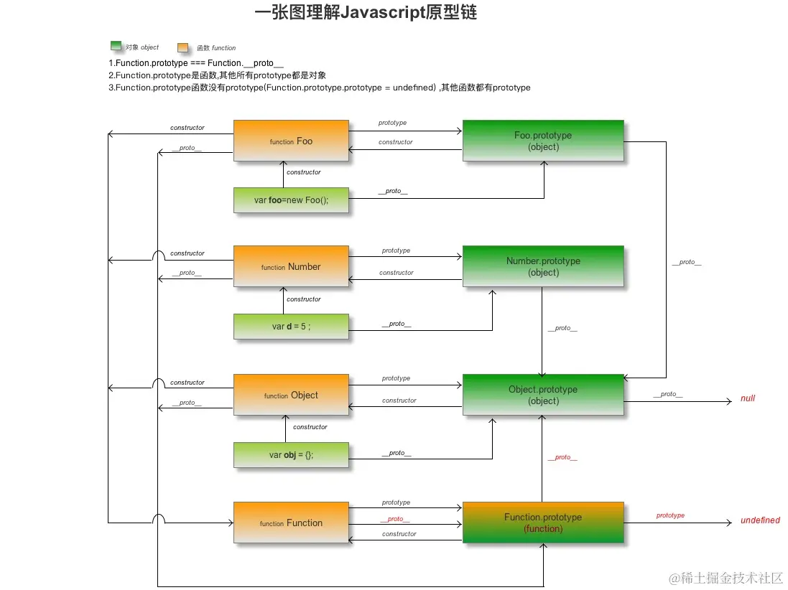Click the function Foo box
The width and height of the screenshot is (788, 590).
coord(291,141)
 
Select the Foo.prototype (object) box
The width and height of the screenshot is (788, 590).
coord(543,141)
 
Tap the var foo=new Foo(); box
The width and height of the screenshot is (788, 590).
coord(291,200)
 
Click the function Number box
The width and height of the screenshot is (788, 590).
coord(291,266)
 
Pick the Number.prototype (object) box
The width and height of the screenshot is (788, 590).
coord(543,266)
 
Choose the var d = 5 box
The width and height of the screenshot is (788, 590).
coord(291,327)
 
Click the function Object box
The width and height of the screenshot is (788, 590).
coord(291,395)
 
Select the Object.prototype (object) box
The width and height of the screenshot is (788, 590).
coord(543,395)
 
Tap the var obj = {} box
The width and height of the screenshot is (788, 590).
coord(291,454)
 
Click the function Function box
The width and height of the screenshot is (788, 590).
coord(291,523)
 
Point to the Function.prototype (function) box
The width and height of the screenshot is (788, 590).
coord(543,523)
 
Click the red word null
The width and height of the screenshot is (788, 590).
coord(748,398)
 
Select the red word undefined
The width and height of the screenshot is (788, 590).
coord(760,520)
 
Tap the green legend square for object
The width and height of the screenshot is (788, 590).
coord(116,47)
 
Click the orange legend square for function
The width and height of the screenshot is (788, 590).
coord(183,47)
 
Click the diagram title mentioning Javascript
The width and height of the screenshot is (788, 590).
coord(366,13)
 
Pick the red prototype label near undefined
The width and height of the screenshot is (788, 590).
coord(670,515)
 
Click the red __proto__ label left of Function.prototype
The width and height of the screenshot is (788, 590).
coord(395,519)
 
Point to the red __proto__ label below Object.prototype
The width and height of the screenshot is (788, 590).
coord(562,457)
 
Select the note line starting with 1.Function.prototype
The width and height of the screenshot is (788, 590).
coord(196,63)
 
